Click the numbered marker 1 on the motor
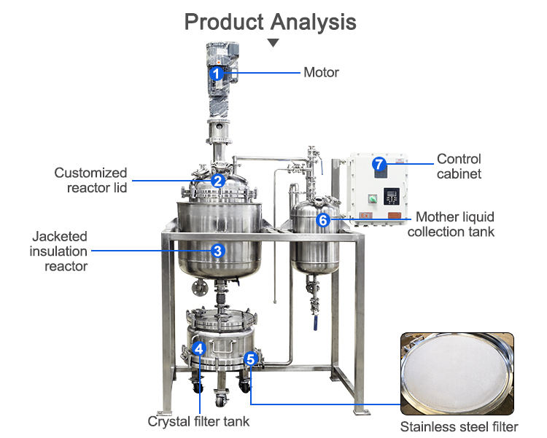click(x=216, y=73)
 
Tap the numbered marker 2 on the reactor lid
click(x=217, y=181)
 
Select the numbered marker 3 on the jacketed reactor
click(x=217, y=251)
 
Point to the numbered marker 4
click(x=199, y=348)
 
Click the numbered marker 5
click(x=250, y=358)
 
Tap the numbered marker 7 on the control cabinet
click(x=379, y=164)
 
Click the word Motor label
click(x=321, y=72)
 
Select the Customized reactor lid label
click(x=90, y=181)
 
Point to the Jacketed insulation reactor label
click(x=58, y=251)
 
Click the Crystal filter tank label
click(x=198, y=421)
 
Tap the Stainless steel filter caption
click(x=459, y=426)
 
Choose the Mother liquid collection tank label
click(x=451, y=224)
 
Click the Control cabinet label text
click(x=459, y=166)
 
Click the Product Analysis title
click(x=270, y=21)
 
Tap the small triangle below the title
click(x=273, y=43)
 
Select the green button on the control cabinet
click(x=371, y=197)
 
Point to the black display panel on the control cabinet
click(x=392, y=196)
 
